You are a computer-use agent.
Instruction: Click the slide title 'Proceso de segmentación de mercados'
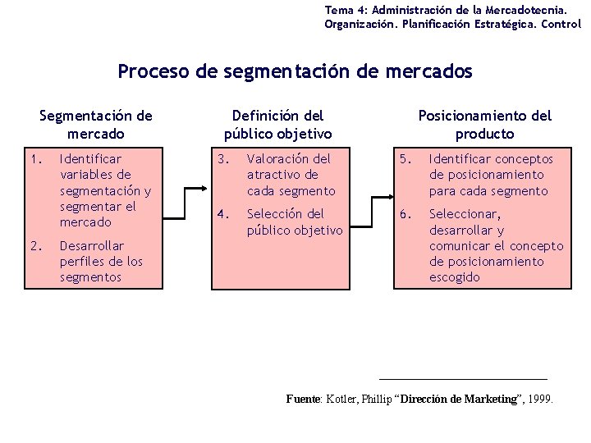tap(295, 71)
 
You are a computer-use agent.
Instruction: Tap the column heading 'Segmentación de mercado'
tap(96, 125)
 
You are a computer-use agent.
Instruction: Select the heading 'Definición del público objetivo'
tap(277, 125)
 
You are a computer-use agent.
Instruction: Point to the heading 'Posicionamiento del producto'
tap(484, 125)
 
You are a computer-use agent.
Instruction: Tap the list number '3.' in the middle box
tap(220, 159)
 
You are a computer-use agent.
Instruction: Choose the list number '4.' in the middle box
tap(220, 214)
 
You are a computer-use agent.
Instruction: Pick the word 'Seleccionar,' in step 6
tap(465, 214)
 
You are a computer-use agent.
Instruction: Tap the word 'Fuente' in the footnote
tap(303, 400)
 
